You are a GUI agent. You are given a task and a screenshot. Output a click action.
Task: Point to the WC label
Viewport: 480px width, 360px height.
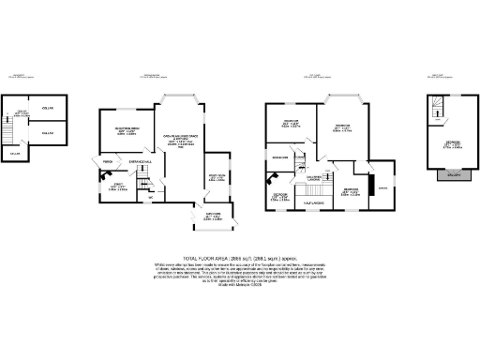coord(150,197)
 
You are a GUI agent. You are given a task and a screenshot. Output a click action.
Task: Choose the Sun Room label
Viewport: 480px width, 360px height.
coord(216,176)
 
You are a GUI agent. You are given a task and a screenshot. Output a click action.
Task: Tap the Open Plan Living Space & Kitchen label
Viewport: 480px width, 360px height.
coord(177,139)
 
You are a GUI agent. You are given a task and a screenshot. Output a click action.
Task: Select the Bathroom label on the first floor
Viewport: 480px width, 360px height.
coord(278,157)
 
